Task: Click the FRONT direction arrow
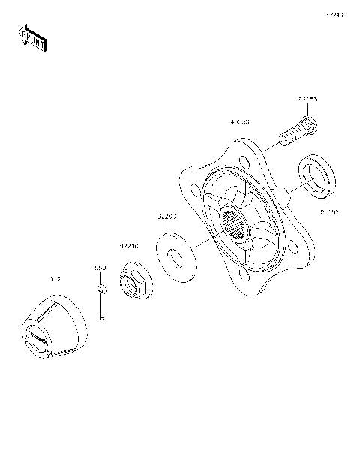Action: pos(32,38)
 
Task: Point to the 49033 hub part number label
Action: pos(240,121)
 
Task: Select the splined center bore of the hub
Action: pos(236,223)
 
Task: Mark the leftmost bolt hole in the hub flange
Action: pos(196,193)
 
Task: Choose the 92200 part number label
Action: pos(166,216)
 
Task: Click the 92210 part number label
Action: pos(130,245)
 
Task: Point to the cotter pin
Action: pos(102,304)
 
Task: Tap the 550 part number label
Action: pos(100,266)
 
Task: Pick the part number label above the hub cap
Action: pos(54,279)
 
